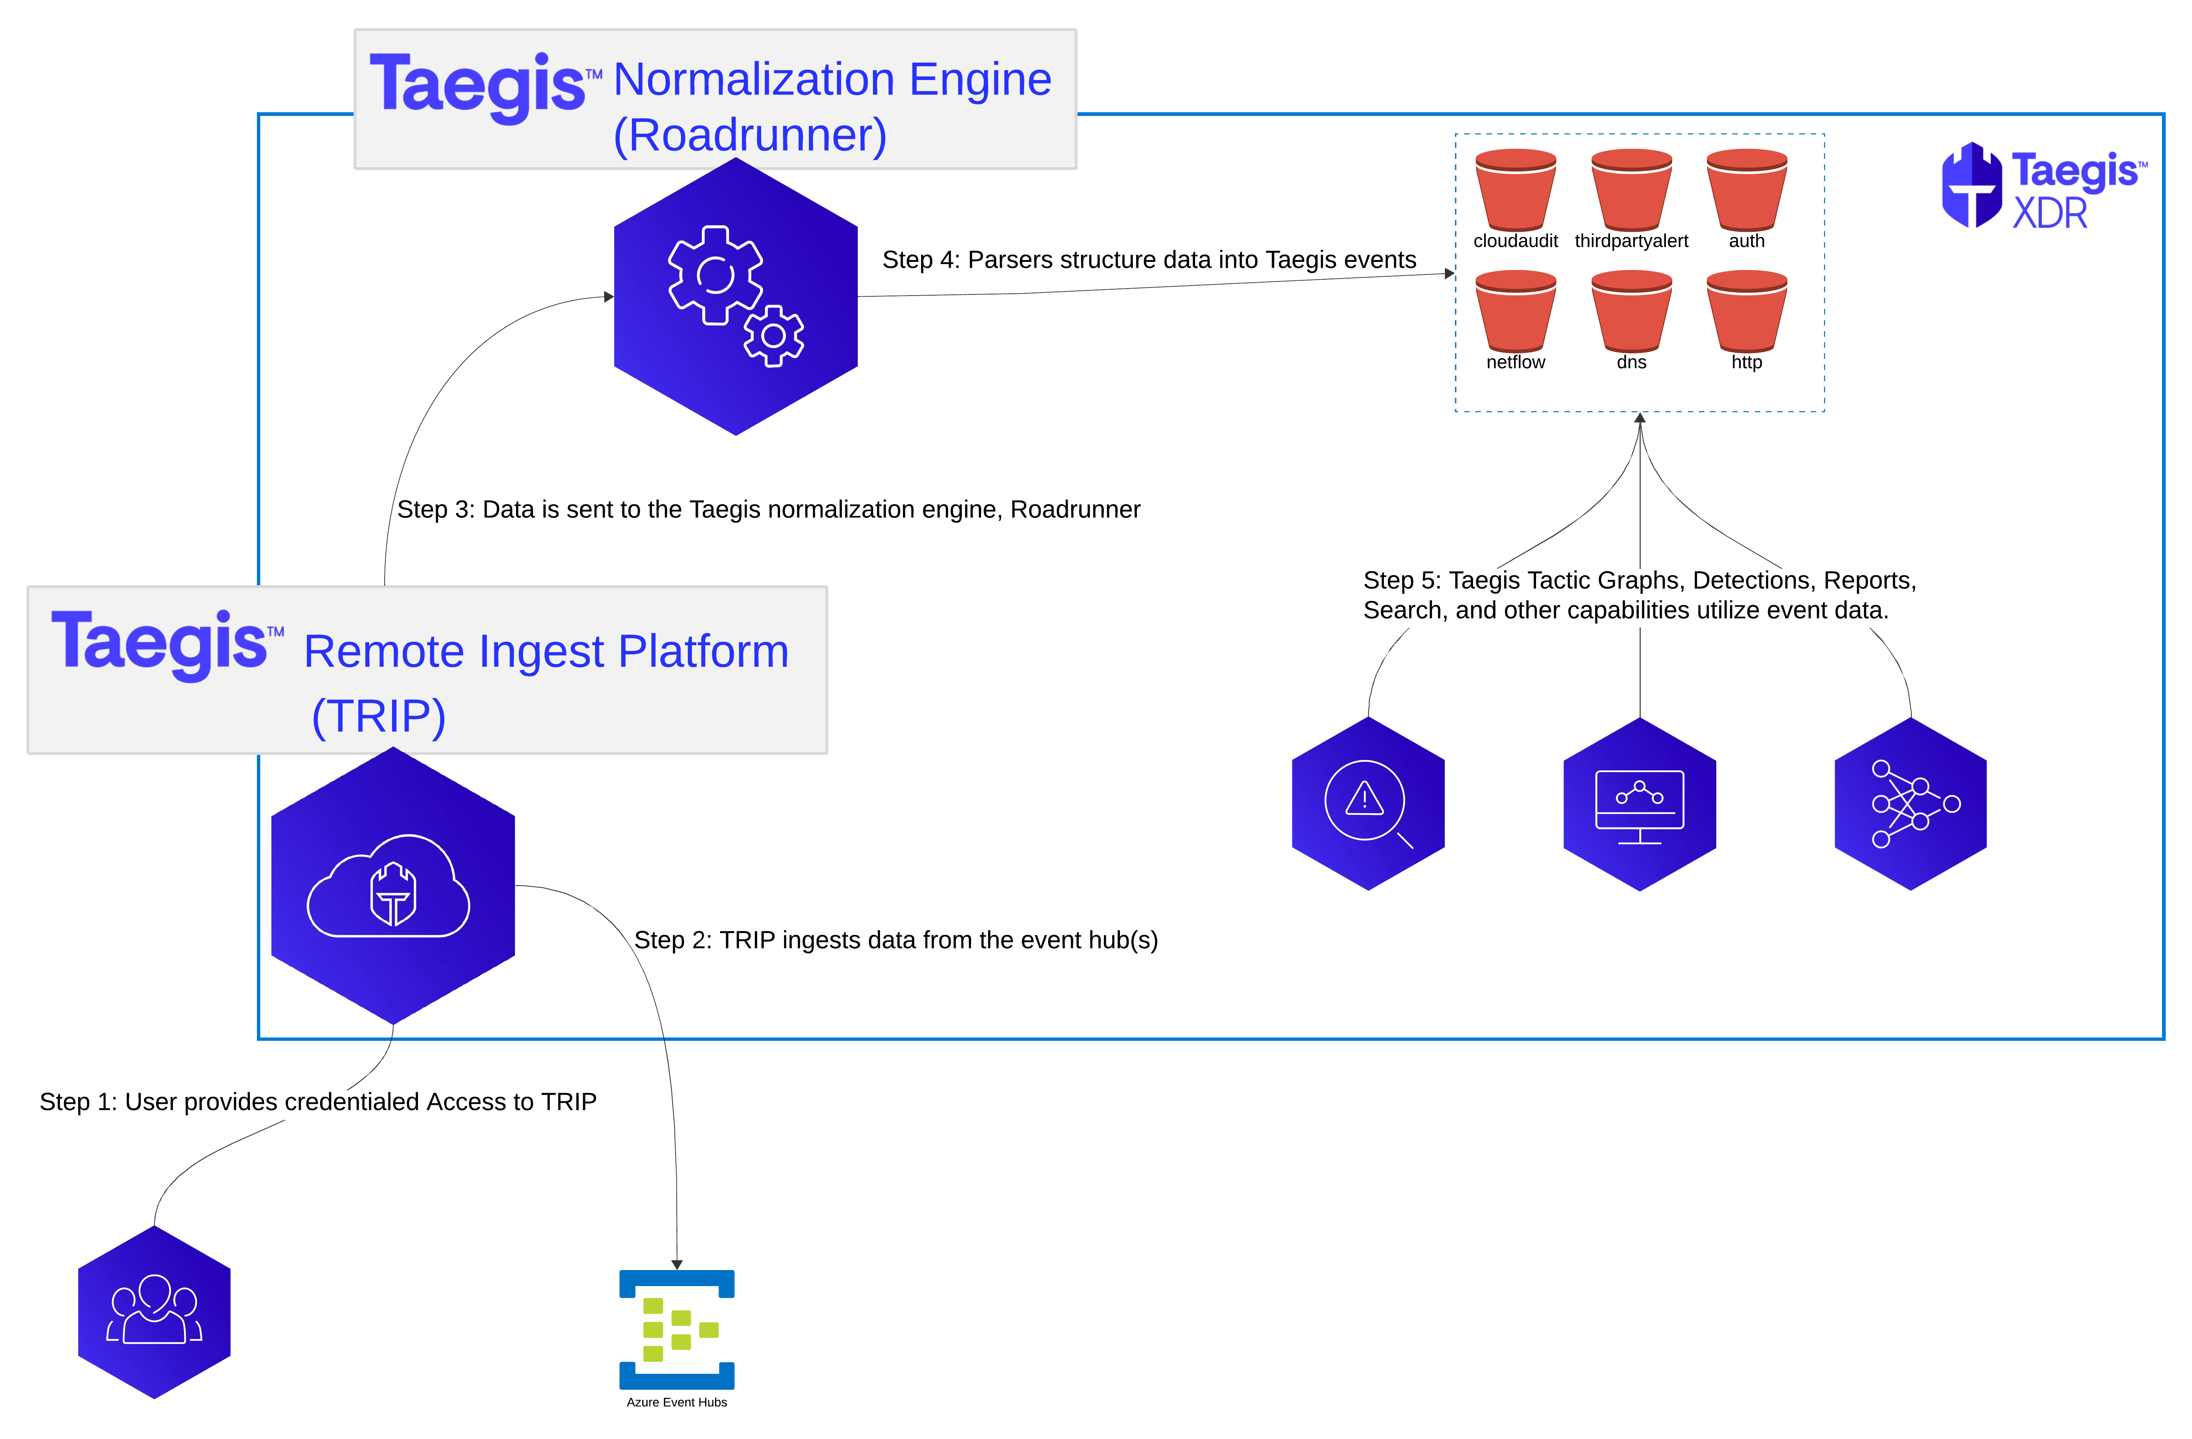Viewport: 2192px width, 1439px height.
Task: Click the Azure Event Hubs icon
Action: pyautogui.click(x=677, y=1329)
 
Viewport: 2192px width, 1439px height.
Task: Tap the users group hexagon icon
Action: pyautogui.click(x=154, y=1312)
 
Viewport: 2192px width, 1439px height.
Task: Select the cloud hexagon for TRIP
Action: pyautogui.click(x=393, y=885)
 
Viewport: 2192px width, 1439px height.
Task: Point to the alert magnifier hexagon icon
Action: pyautogui.click(x=1368, y=803)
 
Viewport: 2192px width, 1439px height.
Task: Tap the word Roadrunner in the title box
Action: pyautogui.click(x=750, y=136)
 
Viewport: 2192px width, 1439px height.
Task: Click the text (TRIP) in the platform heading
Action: pyautogui.click(x=378, y=716)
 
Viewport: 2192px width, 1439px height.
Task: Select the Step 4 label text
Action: pyautogui.click(x=1148, y=260)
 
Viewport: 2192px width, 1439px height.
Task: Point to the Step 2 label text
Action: pyautogui.click(x=895, y=940)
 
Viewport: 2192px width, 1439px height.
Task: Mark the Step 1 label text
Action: pyautogui.click(x=318, y=1102)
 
